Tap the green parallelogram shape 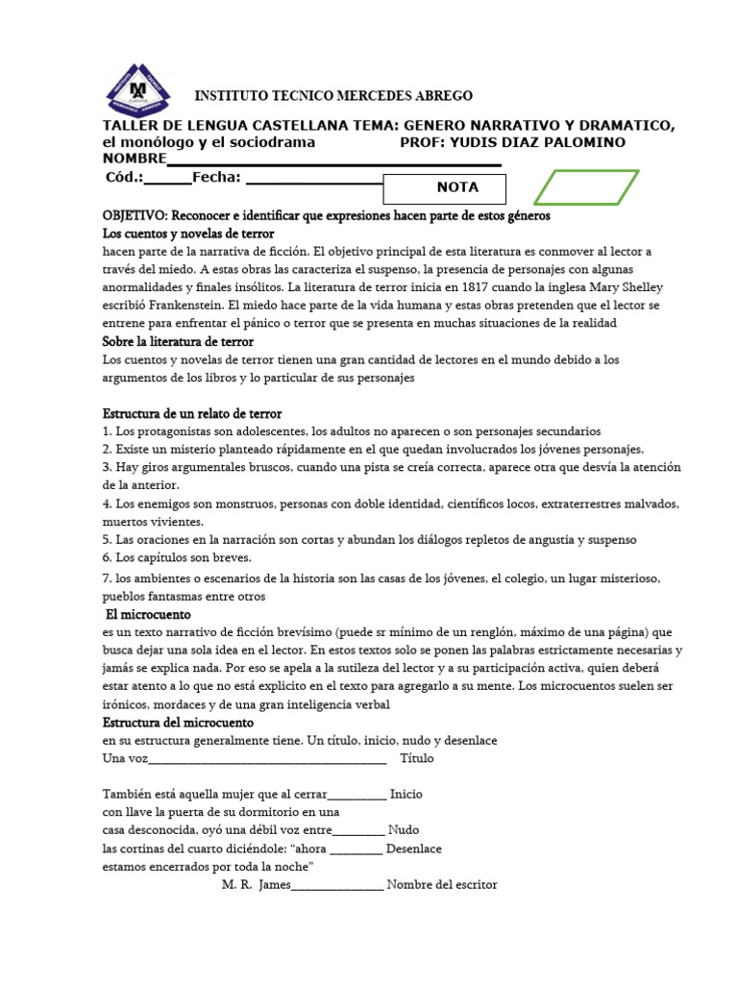click(586, 187)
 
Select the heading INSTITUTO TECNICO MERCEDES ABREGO click(333, 96)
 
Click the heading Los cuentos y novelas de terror click(188, 234)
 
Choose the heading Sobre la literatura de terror click(178, 341)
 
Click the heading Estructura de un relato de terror click(192, 413)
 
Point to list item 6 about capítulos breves click(177, 557)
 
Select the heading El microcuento click(148, 614)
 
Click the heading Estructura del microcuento click(178, 722)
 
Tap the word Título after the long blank click(416, 758)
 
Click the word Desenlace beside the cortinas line click(413, 849)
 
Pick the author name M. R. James click(249, 885)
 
